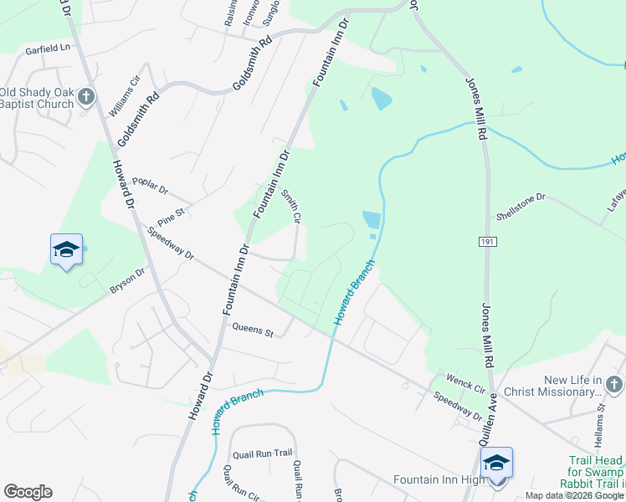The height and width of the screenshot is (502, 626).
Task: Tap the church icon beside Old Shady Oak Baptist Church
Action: coord(85,98)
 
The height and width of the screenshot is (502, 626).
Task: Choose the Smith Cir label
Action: coord(290,205)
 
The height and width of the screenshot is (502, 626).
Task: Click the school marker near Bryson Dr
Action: coord(67,250)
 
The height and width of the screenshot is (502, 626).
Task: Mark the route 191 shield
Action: coord(488,242)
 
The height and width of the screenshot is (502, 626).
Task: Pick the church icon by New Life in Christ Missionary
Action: coord(613,385)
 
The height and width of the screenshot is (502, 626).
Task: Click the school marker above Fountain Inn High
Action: coord(496,463)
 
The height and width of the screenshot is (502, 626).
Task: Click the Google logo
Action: coord(28,492)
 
